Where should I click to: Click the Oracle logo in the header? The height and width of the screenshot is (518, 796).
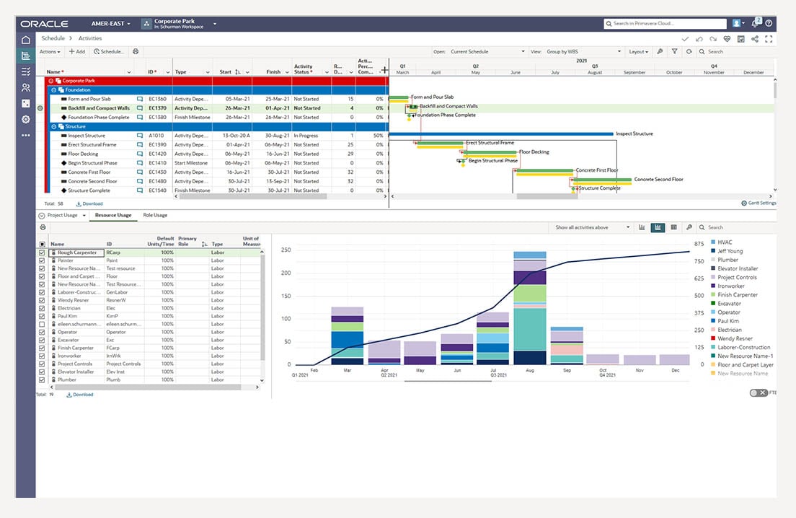coord(45,24)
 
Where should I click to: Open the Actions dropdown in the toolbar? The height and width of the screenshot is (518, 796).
coord(50,52)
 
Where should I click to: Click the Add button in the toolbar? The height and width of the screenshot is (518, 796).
coord(76,52)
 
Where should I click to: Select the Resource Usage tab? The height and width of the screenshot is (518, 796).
coord(114,215)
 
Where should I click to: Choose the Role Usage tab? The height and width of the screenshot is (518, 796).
coord(155,215)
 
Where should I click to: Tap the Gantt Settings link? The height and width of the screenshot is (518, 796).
coord(759,203)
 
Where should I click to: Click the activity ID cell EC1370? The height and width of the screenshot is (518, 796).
coord(157,108)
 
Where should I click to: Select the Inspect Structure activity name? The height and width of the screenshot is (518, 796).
coord(87,136)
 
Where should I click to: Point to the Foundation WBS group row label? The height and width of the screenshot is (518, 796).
coord(78,90)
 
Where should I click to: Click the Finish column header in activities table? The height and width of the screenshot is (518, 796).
coord(273,72)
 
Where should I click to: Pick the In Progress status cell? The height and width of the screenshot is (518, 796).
coord(306,136)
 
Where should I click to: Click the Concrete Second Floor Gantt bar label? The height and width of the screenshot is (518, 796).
coord(658,180)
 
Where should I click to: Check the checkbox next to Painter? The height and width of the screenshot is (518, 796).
coord(42,261)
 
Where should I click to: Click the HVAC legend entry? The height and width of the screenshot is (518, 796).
coord(725,242)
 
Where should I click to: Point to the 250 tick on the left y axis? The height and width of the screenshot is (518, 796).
coord(286,250)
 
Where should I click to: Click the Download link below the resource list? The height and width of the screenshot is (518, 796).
coord(81,395)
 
